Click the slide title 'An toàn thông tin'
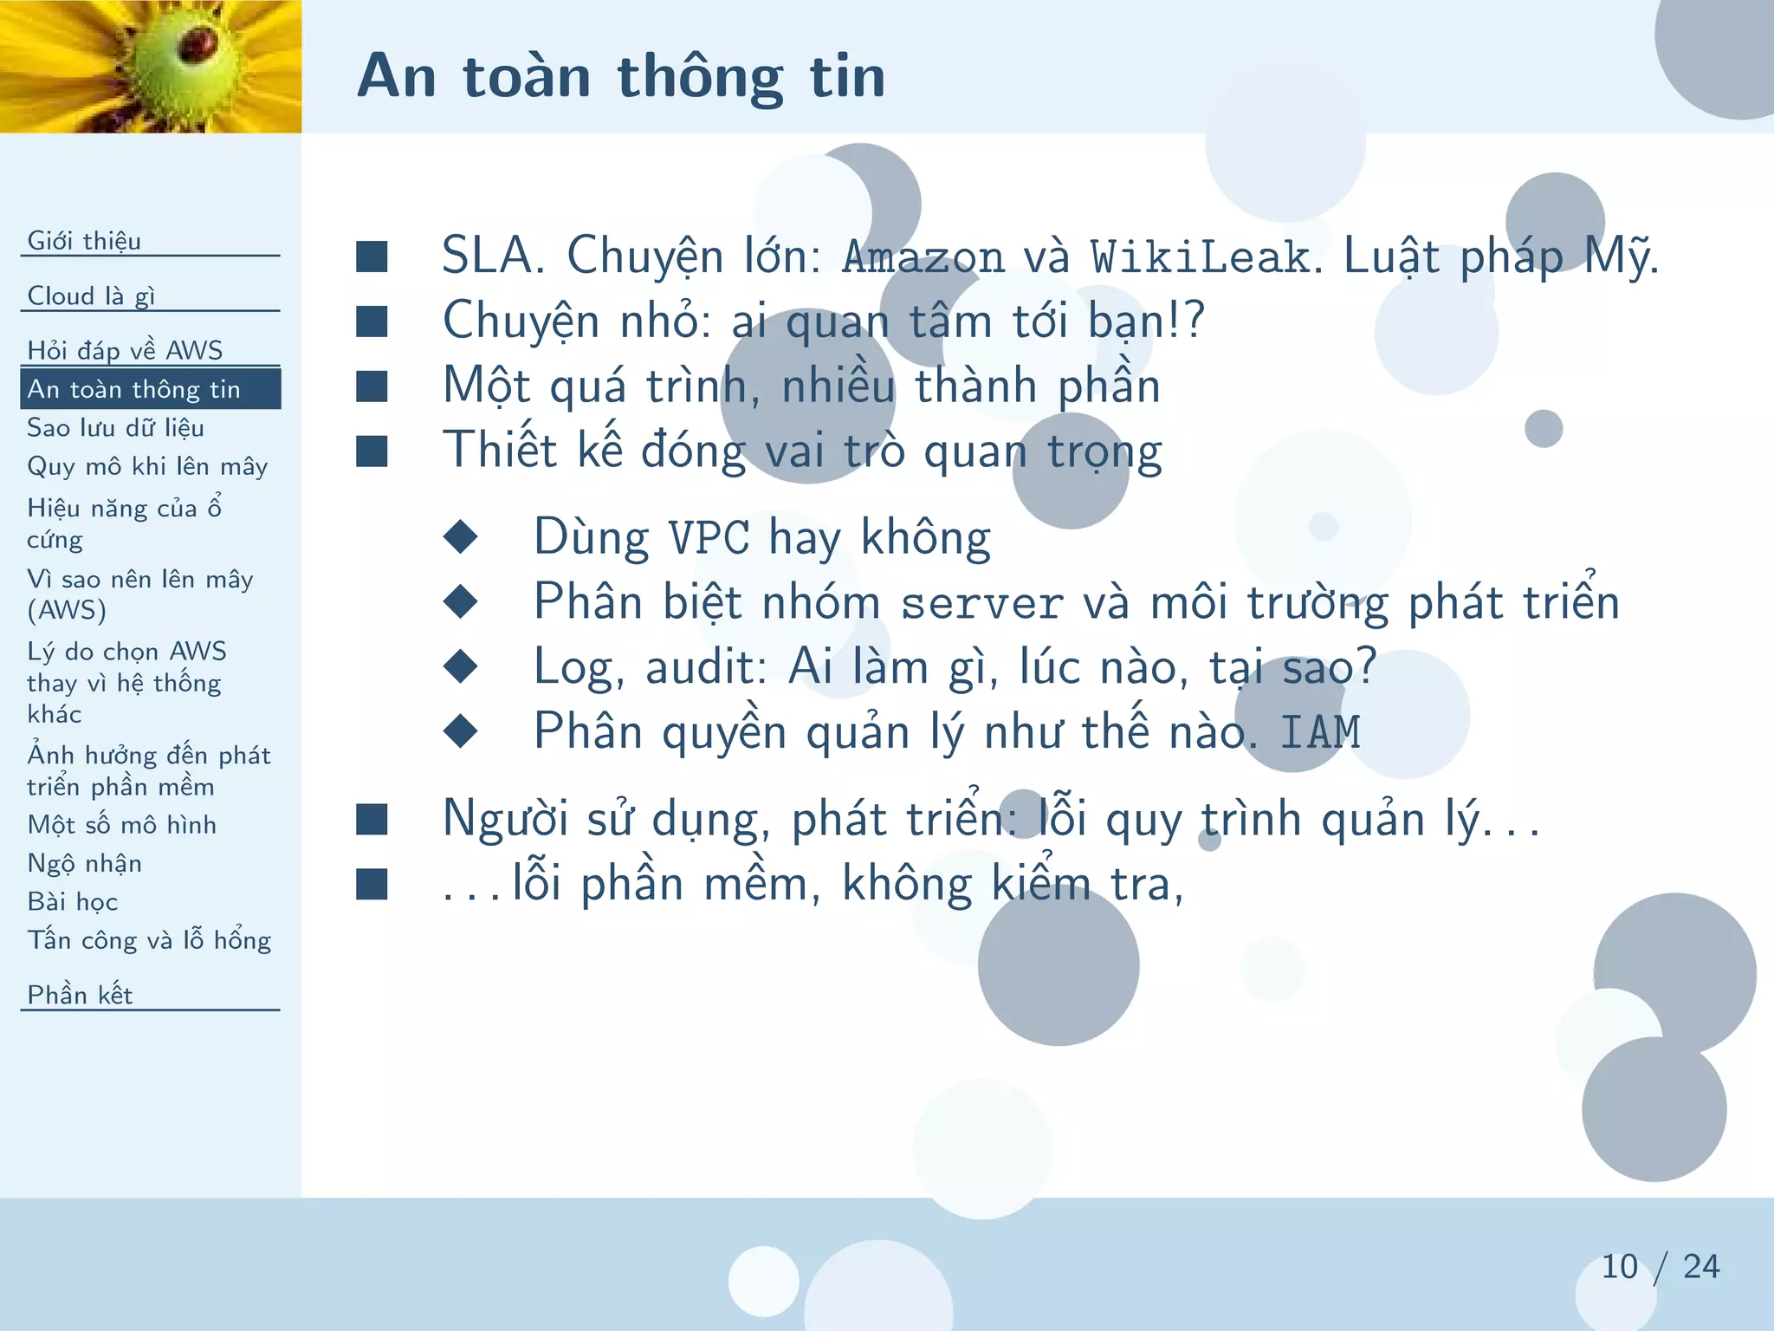click(621, 76)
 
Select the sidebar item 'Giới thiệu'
click(84, 240)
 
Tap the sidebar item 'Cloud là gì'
click(91, 295)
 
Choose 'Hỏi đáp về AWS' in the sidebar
click(125, 350)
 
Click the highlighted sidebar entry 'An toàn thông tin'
click(133, 389)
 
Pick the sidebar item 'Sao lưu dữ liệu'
click(115, 428)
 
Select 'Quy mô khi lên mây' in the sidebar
click(147, 466)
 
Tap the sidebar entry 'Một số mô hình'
click(121, 824)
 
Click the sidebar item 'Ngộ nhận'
click(84, 863)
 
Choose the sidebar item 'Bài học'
click(72, 901)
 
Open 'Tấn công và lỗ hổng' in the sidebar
click(149, 940)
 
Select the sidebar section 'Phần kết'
click(80, 995)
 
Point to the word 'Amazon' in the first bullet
click(923, 256)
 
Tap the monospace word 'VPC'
click(709, 538)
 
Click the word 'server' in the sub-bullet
click(981, 603)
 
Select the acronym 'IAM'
click(1320, 732)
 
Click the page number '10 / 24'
click(1660, 1267)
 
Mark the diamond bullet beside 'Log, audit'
click(460, 666)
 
